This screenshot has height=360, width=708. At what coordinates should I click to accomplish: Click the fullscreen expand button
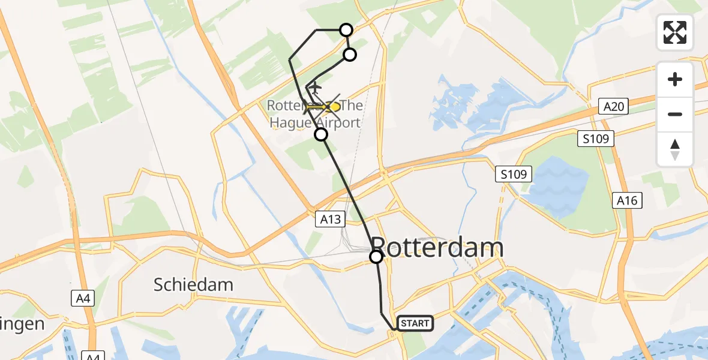tap(675, 32)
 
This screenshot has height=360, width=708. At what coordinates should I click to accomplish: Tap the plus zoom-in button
tap(675, 80)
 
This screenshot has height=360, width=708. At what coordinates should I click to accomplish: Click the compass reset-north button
tap(675, 149)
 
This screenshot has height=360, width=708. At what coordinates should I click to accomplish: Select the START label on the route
tap(415, 324)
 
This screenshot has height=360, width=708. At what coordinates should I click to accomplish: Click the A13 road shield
tap(331, 219)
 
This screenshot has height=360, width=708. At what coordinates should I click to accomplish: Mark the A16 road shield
tap(628, 200)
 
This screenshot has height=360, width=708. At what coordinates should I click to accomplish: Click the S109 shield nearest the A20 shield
tap(596, 139)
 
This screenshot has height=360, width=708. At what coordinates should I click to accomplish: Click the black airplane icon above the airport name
tap(314, 89)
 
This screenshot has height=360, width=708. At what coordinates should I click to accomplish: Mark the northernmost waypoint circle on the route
tap(346, 30)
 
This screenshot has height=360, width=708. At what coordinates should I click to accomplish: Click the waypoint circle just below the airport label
tap(321, 134)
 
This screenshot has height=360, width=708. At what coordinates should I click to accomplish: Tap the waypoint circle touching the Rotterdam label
tap(376, 257)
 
